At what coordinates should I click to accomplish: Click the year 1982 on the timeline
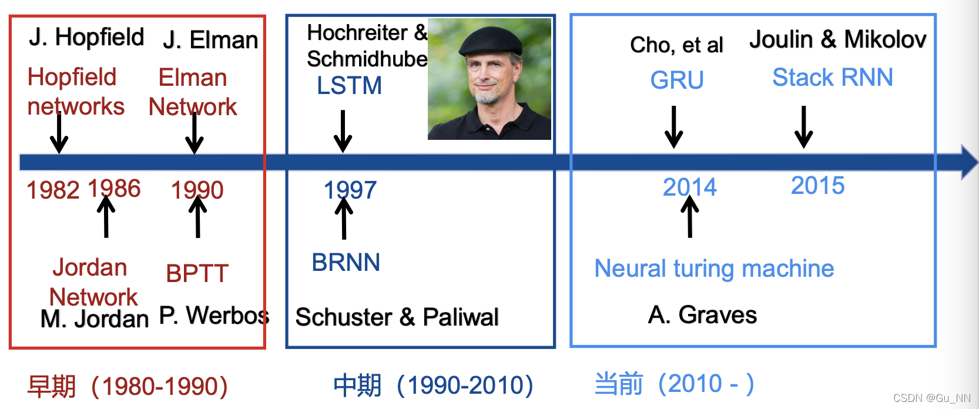click(53, 190)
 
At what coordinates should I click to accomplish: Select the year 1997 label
click(350, 190)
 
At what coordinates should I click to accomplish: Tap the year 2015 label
click(817, 186)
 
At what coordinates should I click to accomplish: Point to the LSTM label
click(349, 86)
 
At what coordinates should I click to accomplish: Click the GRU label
click(677, 80)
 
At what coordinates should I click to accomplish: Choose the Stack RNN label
click(832, 78)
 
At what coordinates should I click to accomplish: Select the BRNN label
click(346, 263)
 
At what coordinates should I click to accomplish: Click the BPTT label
click(197, 273)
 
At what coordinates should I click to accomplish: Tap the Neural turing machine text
click(714, 269)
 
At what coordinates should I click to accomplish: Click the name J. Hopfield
click(86, 37)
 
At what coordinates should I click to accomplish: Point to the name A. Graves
click(702, 315)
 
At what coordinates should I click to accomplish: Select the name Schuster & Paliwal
click(397, 317)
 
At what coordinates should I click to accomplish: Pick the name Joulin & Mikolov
click(837, 39)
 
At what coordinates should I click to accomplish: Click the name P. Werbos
click(214, 316)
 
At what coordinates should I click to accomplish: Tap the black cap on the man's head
click(491, 41)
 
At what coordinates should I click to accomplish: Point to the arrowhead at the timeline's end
click(969, 162)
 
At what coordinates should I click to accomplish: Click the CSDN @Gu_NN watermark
click(931, 398)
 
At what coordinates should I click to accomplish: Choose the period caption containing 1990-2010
click(433, 385)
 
